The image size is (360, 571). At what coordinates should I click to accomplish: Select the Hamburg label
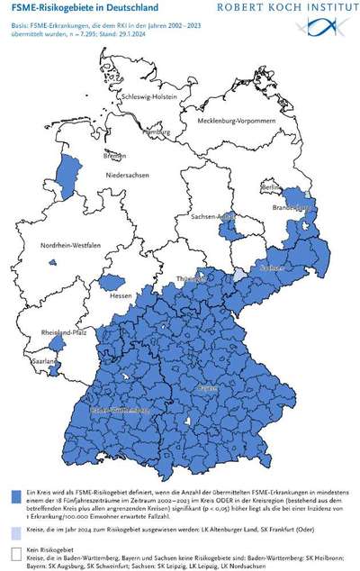click(x=157, y=132)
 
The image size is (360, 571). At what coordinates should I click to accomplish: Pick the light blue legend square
click(x=14, y=531)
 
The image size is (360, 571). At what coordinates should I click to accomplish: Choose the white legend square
click(x=14, y=550)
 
